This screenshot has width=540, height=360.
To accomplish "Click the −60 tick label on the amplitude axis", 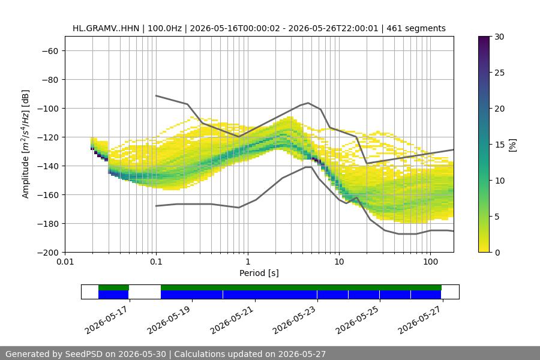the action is [x=50, y=51].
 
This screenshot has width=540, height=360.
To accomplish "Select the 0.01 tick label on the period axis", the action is [x=65, y=262].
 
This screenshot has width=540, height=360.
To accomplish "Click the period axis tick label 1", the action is [x=248, y=262].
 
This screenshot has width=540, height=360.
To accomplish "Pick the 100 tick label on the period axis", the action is [x=430, y=262].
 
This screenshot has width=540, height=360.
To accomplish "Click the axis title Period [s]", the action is [x=259, y=273].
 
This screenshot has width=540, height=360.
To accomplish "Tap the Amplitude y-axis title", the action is [x=26, y=144].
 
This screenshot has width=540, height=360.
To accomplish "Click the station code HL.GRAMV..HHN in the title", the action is [x=106, y=28].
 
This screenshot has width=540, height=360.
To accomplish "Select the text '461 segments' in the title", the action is [x=416, y=28].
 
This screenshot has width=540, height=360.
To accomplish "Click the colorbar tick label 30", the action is [x=499, y=37].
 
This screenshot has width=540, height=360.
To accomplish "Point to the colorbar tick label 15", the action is [x=499, y=145].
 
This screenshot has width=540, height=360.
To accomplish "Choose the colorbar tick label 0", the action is [x=497, y=253].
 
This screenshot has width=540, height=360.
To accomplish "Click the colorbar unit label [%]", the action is [x=513, y=145].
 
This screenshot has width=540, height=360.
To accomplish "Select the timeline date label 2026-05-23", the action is [x=295, y=320].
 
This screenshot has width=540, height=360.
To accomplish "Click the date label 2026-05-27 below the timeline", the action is [x=421, y=320].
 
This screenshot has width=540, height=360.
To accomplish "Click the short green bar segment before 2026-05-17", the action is [x=113, y=287].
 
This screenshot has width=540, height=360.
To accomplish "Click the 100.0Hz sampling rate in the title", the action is [x=164, y=28].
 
